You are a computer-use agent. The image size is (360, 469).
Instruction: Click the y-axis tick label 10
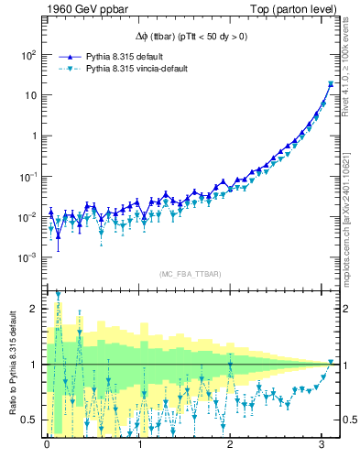(x=28, y=95)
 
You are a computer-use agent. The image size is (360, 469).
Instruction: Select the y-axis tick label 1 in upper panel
(x=32, y=136)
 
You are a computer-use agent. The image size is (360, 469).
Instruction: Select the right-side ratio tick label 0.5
(x=345, y=420)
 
